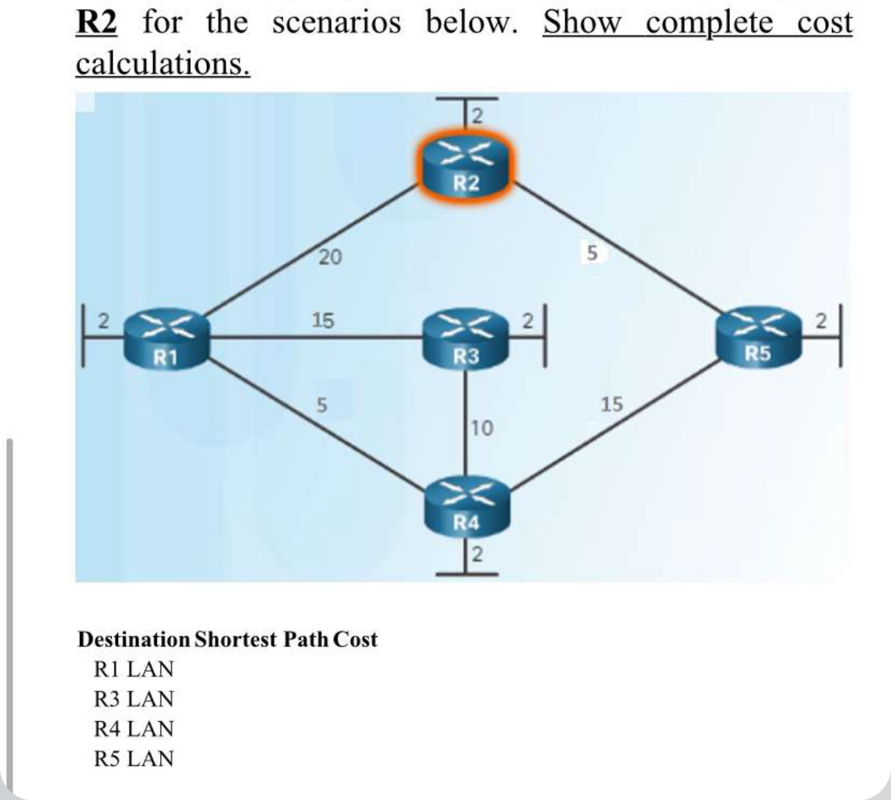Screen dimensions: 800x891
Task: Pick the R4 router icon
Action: [x=466, y=505]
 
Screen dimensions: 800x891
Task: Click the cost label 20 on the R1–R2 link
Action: [x=330, y=257]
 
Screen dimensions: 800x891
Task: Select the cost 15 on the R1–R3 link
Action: [x=323, y=320]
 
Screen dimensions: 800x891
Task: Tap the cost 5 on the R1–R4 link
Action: [x=321, y=404]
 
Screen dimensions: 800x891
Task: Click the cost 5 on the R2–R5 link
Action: [x=591, y=254]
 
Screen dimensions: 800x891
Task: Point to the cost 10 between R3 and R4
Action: [x=482, y=428]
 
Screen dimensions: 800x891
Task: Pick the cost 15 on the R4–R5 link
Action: [x=611, y=403]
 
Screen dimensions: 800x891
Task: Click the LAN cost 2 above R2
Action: [x=476, y=115]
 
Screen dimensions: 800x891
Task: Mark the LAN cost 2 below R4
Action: [x=477, y=555]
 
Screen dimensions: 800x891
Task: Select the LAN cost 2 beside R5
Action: [x=822, y=321]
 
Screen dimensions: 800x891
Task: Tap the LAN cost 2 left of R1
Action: [x=103, y=321]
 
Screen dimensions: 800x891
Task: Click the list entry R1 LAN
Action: [x=133, y=670]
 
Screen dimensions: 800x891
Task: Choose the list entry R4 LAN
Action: [x=133, y=729]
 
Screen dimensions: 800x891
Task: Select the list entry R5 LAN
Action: [x=133, y=759]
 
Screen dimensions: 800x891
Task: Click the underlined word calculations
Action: [x=162, y=64]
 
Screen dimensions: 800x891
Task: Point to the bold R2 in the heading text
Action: [x=96, y=22]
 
